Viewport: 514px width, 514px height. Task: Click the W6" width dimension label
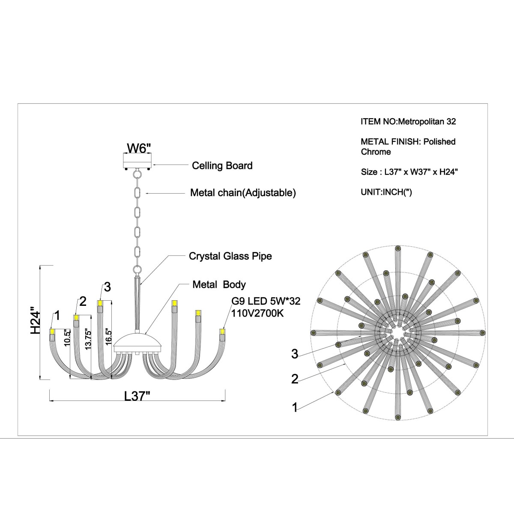tap(138, 148)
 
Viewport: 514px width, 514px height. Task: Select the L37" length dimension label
tap(137, 396)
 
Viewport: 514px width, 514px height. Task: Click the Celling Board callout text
tap(222, 165)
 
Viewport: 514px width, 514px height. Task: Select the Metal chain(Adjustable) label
tap(243, 193)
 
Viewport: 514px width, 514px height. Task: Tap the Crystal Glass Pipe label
tap(230, 256)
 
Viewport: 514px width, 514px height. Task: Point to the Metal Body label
tap(219, 284)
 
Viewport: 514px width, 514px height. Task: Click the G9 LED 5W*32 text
tap(266, 302)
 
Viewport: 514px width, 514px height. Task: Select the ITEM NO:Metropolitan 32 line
tap(408, 121)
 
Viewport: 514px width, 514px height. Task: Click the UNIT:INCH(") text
tap(386, 191)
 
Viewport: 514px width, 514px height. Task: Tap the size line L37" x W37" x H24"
tap(409, 172)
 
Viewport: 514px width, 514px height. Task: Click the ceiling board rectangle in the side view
tap(138, 162)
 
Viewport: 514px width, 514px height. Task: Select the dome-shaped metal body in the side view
tap(137, 343)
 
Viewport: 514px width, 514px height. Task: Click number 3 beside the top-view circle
tap(294, 354)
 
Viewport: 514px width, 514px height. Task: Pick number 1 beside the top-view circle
tap(294, 408)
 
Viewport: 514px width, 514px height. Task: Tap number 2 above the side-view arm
tap(83, 301)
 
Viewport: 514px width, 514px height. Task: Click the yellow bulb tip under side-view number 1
tap(52, 332)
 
